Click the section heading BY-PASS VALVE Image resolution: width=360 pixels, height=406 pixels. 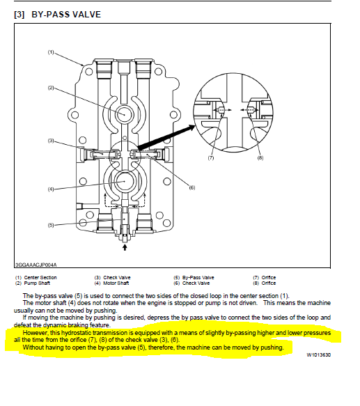(66, 14)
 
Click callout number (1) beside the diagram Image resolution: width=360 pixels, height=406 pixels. (51, 52)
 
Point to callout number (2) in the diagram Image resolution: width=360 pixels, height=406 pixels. (51, 88)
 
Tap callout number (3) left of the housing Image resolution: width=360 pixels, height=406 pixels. (51, 141)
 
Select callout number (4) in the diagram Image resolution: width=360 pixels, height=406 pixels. (51, 189)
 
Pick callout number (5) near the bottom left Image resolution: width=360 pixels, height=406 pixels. (51, 225)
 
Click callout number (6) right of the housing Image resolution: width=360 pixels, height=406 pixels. (192, 187)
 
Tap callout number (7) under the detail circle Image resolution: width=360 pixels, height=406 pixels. (211, 157)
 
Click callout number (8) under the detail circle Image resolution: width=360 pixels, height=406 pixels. (260, 157)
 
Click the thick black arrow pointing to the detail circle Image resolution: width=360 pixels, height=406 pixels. (166, 137)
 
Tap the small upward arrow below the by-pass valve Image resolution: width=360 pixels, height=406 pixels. (125, 247)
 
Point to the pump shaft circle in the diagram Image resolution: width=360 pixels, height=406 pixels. (125, 114)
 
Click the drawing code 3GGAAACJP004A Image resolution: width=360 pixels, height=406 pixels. (36, 265)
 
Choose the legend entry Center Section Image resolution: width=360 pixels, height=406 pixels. (40, 278)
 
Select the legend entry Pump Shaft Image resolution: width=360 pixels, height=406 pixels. (37, 283)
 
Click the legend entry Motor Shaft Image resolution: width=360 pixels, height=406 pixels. (116, 283)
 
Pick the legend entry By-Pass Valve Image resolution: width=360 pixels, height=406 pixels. (198, 278)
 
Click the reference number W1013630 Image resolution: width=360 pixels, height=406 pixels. (318, 354)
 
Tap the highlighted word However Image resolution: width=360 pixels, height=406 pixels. (36, 333)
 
